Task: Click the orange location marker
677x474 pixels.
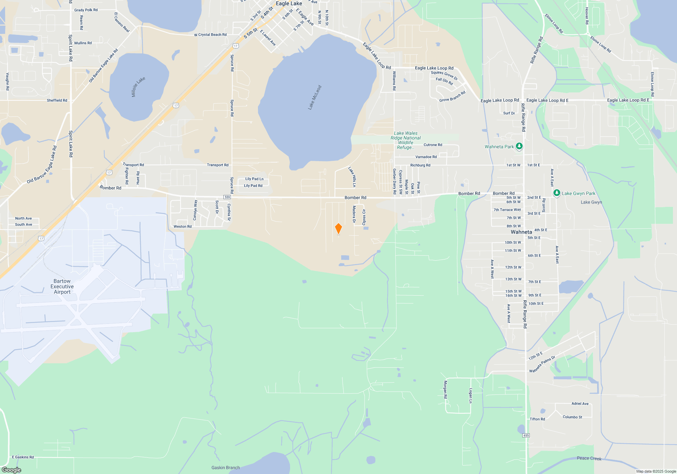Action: pos(338,229)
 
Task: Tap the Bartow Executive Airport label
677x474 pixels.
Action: pos(62,286)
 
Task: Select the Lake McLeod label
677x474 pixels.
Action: pos(315,98)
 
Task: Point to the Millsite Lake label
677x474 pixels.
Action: pos(138,87)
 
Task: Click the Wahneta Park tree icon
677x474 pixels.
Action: pos(519,146)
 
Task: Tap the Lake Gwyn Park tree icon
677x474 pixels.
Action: pos(556,193)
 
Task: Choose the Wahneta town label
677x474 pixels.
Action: pos(521,232)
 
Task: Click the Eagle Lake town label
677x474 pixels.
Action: pos(289,3)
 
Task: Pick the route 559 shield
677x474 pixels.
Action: pos(227,197)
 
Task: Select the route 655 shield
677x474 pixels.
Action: pos(526,435)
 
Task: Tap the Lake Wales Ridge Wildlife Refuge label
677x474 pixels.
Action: pos(406,140)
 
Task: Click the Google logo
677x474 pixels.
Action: pos(12,470)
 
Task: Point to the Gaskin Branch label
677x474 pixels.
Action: pos(225,468)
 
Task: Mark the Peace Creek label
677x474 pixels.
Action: pos(589,458)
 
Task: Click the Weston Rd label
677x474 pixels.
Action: pos(182,227)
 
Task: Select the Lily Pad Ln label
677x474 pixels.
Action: pos(254,179)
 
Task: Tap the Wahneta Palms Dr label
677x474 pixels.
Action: pos(542,364)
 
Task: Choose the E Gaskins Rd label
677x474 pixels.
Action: pos(23,457)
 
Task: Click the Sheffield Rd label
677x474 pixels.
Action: pos(57,100)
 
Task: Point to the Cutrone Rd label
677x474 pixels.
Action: pos(433,145)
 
